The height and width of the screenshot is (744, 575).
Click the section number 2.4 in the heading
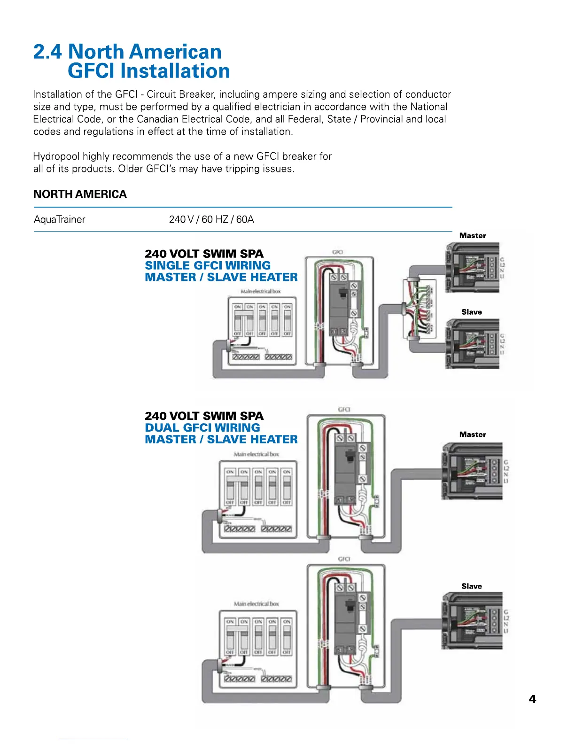pos(47,52)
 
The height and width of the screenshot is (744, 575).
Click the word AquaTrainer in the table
pos(60,219)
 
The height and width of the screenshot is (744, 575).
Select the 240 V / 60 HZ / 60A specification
pos(211,219)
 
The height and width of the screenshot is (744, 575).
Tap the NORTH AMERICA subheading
pos(80,194)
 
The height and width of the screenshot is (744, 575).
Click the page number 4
pos(532,699)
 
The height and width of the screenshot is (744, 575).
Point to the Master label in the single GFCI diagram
pos(473,236)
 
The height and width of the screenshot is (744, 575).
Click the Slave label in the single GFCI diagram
pos(472,312)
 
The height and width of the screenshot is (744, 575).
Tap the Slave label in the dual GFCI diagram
pos(472,586)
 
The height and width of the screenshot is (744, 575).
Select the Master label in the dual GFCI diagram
pos(473,434)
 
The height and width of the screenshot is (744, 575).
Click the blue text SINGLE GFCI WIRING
pos(208,265)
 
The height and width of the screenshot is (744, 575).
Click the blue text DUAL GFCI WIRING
pos(202,428)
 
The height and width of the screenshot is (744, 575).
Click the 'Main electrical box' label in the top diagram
pos(260,292)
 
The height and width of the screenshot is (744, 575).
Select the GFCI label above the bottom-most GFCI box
pos(344,559)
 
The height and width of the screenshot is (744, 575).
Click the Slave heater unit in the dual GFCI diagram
pos(472,621)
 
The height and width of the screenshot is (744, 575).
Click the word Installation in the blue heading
pos(175,71)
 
